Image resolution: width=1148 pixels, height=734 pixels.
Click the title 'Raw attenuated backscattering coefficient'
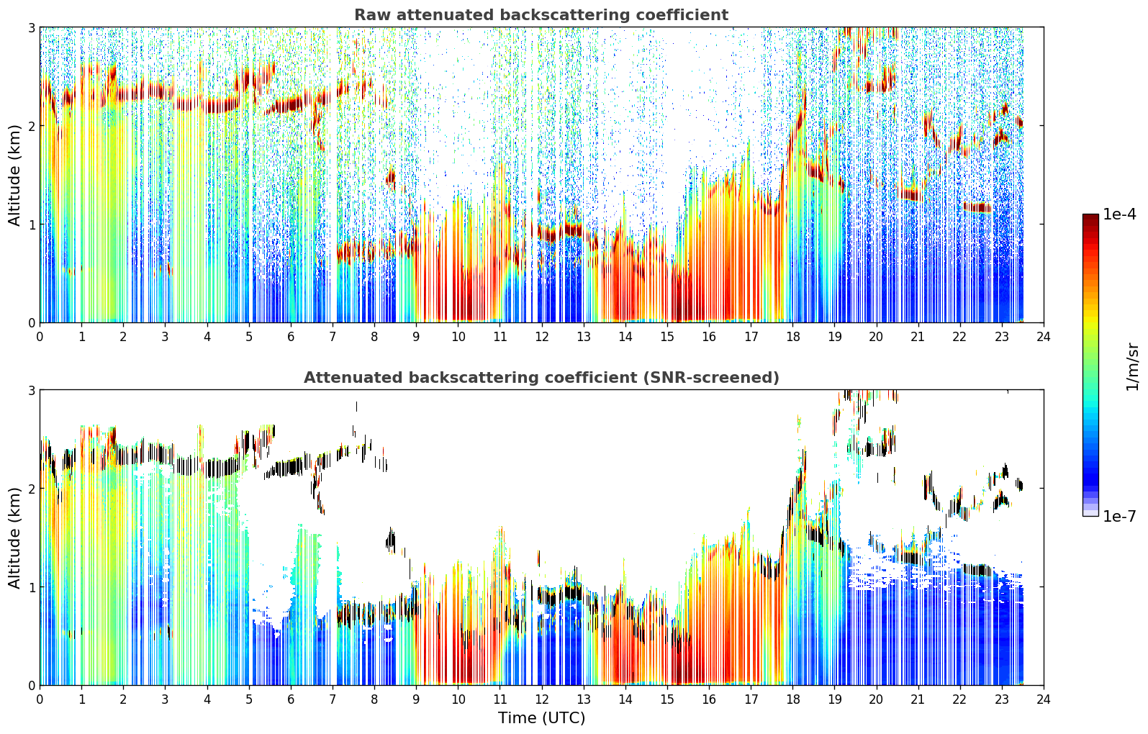541,15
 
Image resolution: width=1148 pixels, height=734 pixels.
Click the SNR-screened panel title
541,377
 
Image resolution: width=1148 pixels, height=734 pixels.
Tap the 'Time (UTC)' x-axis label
541,718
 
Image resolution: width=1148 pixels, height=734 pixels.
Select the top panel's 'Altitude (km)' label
14,176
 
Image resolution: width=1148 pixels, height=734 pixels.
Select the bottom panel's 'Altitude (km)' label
14,538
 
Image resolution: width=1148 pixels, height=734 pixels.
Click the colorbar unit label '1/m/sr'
1132,367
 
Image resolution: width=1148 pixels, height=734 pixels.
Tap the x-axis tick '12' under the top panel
542,337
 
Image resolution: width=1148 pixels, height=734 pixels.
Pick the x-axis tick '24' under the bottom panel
1044,699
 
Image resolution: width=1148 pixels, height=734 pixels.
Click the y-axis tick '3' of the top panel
31,27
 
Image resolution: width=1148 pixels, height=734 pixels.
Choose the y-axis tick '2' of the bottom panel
31,489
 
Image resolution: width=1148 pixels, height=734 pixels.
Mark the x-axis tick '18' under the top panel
793,337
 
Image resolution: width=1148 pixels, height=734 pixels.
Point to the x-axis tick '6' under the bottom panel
291,699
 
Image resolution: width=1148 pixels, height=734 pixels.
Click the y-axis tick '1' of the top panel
31,225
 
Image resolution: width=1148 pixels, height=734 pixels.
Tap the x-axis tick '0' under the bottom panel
40,699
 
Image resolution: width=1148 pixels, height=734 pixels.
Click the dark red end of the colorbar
1090,217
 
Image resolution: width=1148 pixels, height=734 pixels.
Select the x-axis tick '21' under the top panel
918,337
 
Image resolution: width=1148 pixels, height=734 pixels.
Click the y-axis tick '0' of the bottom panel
31,686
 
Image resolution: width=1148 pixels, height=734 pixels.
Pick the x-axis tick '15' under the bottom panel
667,699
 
